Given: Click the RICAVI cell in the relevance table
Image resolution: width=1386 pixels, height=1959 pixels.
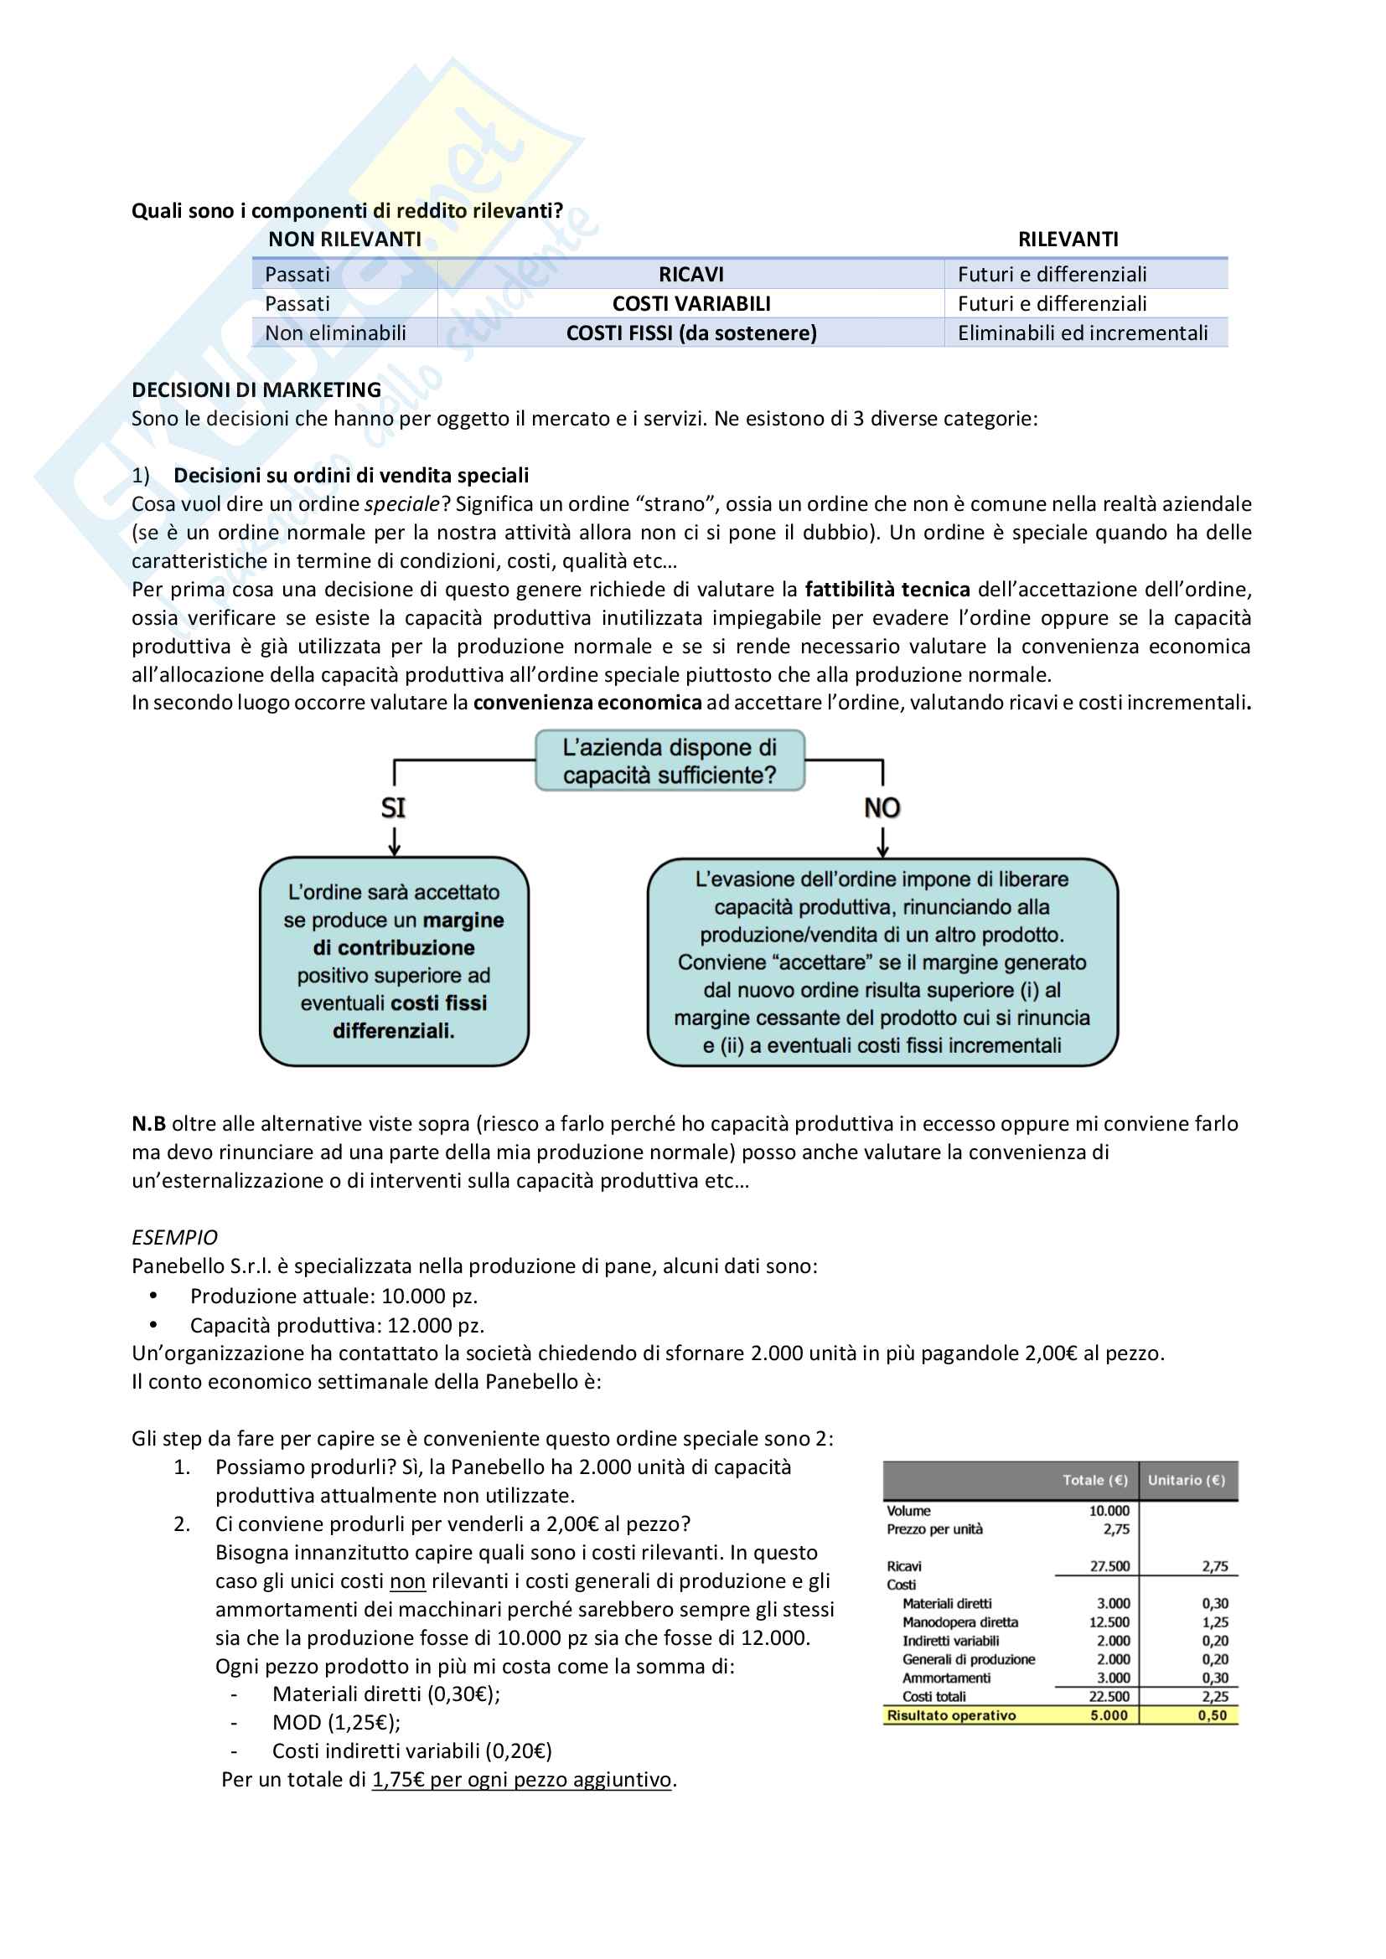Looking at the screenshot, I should pyautogui.click(x=690, y=275).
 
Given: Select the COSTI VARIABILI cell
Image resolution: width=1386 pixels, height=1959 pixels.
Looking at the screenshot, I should pyautogui.click(x=690, y=304).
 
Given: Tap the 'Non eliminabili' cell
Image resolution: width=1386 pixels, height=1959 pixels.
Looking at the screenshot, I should pyautogui.click(x=335, y=333).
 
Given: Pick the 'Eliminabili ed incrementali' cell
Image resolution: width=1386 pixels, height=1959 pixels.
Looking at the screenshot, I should pyautogui.click(x=1082, y=333).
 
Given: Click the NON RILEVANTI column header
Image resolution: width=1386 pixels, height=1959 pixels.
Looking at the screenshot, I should pyautogui.click(x=344, y=240).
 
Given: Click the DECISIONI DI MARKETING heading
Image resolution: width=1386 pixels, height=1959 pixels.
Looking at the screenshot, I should pyautogui.click(x=256, y=390).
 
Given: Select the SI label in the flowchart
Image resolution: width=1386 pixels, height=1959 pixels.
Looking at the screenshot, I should pyautogui.click(x=394, y=807).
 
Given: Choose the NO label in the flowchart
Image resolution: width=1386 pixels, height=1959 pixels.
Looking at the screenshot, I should pyautogui.click(x=882, y=807).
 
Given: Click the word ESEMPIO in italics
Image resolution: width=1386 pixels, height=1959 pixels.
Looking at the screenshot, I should pyautogui.click(x=174, y=1237).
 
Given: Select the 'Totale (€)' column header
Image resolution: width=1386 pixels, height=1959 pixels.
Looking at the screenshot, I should pyautogui.click(x=1095, y=1480).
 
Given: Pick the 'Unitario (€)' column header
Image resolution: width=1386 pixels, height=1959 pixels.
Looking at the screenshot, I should pyautogui.click(x=1187, y=1480).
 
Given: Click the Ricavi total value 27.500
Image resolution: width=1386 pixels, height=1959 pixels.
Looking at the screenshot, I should pyautogui.click(x=1109, y=1566).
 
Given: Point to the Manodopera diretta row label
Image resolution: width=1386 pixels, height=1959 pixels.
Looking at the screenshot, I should pyautogui.click(x=960, y=1622).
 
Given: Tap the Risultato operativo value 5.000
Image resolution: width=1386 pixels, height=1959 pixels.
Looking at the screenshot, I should pyautogui.click(x=1109, y=1715).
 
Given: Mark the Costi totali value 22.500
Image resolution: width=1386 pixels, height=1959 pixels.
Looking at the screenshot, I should pyautogui.click(x=1109, y=1696).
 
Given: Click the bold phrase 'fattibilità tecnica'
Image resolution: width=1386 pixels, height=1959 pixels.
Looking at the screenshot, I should pyautogui.click(x=887, y=590).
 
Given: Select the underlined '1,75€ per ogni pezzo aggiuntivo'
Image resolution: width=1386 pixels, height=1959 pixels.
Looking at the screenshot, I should pyautogui.click(x=521, y=1780).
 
